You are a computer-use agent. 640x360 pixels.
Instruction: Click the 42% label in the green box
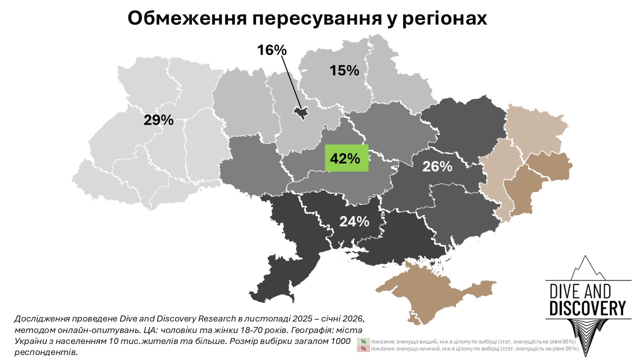coord(346,158)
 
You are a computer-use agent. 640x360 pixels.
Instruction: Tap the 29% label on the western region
coord(158,120)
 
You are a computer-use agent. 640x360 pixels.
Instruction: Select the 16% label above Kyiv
coord(271,50)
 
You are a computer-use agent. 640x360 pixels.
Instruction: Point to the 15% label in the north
coord(344,70)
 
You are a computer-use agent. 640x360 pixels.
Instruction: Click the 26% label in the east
coord(437,166)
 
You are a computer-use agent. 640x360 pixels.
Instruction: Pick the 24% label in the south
coord(354,221)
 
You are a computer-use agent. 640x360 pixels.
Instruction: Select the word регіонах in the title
coord(440,19)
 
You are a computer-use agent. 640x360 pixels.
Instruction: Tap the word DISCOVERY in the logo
coord(587,308)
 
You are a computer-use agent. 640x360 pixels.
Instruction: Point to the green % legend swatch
coord(363,341)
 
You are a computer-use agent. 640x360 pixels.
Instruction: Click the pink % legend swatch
coord(363,348)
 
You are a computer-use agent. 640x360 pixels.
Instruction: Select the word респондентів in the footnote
coord(46,352)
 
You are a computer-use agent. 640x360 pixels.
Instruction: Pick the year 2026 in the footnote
coord(352,318)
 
